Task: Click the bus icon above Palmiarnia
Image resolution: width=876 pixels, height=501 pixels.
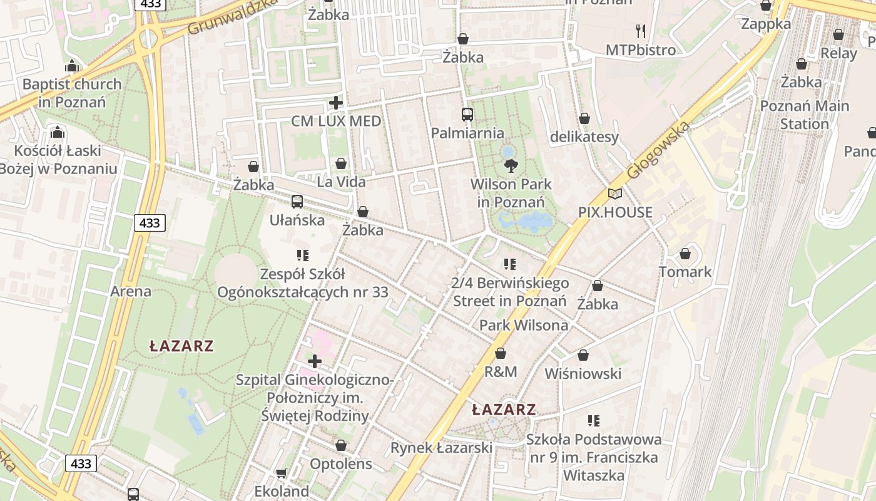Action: [x=467, y=115]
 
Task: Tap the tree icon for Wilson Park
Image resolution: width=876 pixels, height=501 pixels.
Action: [x=511, y=166]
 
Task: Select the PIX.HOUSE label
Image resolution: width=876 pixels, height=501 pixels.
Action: [x=615, y=212]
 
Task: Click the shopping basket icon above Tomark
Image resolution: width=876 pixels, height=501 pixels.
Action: [x=685, y=254]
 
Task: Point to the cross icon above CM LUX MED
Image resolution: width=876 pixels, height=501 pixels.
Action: [x=336, y=103]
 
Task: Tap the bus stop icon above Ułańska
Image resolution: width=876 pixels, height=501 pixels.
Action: [x=297, y=202]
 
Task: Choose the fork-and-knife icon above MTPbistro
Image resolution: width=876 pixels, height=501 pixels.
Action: [x=641, y=31]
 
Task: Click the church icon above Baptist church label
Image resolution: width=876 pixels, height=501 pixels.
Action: [x=72, y=66]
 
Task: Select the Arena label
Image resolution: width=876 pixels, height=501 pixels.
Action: [x=131, y=291]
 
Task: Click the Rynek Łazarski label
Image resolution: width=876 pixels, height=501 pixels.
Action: [x=441, y=448]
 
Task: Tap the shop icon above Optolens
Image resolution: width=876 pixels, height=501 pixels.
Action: [x=341, y=445]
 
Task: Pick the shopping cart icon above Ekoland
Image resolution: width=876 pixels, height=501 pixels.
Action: [x=282, y=473]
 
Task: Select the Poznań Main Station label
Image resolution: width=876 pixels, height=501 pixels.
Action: [x=805, y=115]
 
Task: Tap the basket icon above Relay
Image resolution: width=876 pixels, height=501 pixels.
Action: [x=838, y=34]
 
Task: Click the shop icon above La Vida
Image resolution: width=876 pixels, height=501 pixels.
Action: [x=341, y=163]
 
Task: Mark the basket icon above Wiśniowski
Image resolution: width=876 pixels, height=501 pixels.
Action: [x=583, y=355]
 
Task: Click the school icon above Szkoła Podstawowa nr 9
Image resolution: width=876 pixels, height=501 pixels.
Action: [x=594, y=420]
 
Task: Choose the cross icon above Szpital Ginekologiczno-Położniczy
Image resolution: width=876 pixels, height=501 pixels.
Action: [x=315, y=361]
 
